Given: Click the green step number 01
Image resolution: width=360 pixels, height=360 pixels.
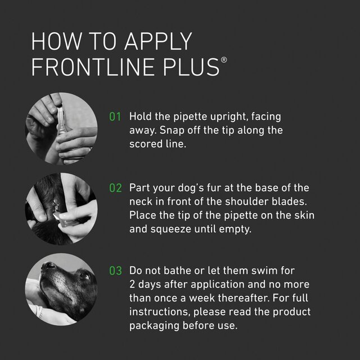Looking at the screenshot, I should click(115, 117).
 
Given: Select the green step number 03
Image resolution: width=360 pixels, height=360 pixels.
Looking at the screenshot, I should click(115, 270).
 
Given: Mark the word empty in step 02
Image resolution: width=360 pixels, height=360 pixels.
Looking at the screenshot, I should click(241, 229).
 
